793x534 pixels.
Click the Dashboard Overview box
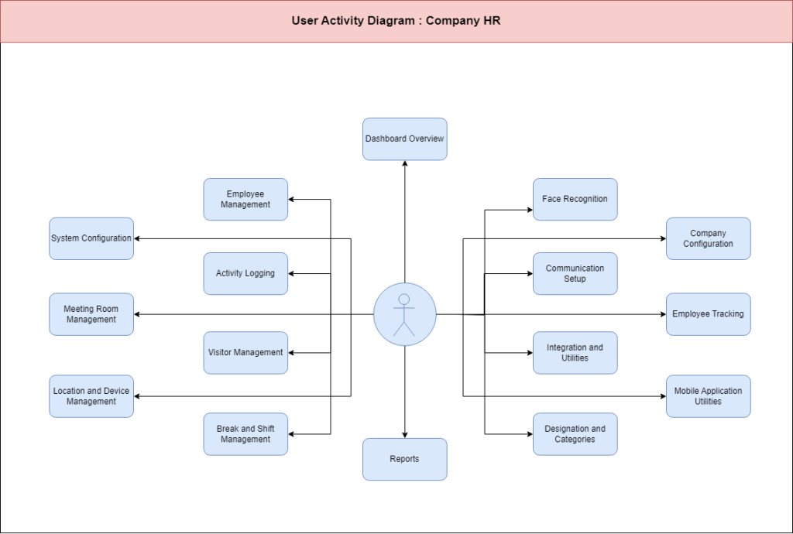(404, 139)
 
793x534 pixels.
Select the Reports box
(404, 459)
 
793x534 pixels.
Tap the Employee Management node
(245, 199)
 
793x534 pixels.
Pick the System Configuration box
(91, 238)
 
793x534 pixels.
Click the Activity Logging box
(245, 273)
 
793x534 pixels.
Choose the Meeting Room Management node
(91, 314)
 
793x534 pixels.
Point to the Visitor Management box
(245, 353)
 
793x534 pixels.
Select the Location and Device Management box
(91, 396)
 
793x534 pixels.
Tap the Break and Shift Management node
(245, 434)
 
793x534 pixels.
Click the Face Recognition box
(575, 199)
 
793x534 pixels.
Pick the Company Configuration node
(708, 238)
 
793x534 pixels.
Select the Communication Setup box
(575, 273)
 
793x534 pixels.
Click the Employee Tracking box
(708, 314)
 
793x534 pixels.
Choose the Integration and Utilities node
(575, 353)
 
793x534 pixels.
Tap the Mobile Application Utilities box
(708, 396)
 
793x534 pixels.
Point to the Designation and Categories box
(575, 434)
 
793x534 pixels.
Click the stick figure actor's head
(403, 300)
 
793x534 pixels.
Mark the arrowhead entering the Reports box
(404, 435)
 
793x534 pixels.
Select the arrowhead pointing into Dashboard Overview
(404, 164)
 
